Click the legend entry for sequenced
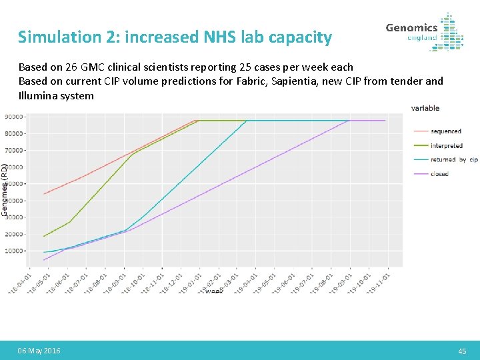pyautogui.click(x=445, y=131)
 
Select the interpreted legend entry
pyautogui.click(x=446, y=145)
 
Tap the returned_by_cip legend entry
pyautogui.click(x=453, y=160)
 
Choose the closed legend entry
pyautogui.click(x=439, y=174)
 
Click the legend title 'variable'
pyautogui.click(x=425, y=108)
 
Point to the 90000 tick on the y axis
pyautogui.click(x=15, y=117)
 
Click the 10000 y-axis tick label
pyautogui.click(x=15, y=251)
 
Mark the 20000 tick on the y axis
pyautogui.click(x=15, y=234)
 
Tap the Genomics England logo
pyautogui.click(x=425, y=31)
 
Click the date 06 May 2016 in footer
pyautogui.click(x=39, y=351)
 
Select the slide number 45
pyautogui.click(x=462, y=351)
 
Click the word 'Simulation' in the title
pyautogui.click(x=56, y=37)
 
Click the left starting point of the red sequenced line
pyautogui.click(x=44, y=194)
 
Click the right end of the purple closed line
pyautogui.click(x=385, y=121)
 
